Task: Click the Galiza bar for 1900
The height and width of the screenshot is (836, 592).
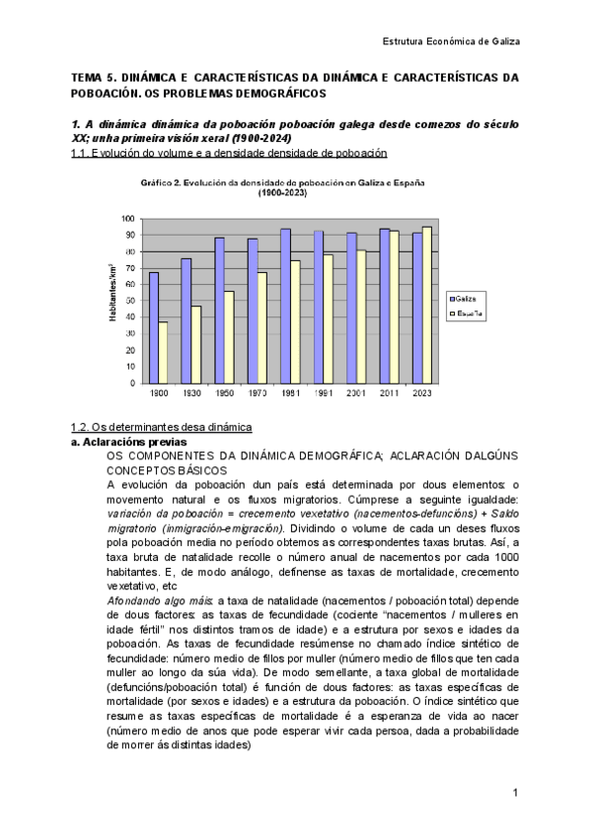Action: pyautogui.click(x=152, y=327)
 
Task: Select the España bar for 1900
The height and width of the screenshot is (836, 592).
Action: pyautogui.click(x=163, y=352)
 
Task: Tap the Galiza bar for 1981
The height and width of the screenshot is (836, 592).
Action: pyautogui.click(x=285, y=306)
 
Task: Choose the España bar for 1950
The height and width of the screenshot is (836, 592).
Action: pyautogui.click(x=229, y=336)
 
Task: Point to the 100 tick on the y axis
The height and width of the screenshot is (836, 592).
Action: pyautogui.click(x=128, y=218)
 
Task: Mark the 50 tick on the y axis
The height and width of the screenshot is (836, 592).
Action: pyautogui.click(x=130, y=301)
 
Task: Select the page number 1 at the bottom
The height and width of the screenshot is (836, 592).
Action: pyautogui.click(x=515, y=793)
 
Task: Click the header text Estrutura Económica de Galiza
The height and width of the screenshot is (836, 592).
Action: pyautogui.click(x=450, y=41)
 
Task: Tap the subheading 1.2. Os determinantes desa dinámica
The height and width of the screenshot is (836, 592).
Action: pyautogui.click(x=161, y=426)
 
